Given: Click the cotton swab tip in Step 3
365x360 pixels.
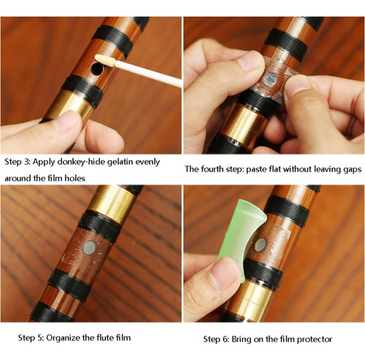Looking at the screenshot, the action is [106, 61].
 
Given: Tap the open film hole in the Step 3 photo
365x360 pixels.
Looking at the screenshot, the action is [97, 69].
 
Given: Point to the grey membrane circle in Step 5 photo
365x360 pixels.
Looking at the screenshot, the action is [89, 248].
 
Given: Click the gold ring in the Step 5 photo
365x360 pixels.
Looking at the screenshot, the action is [112, 204].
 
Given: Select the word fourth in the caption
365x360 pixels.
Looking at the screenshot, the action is [211, 169].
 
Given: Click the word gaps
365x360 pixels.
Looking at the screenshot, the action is [353, 169].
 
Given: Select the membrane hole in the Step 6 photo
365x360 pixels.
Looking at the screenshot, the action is [261, 245].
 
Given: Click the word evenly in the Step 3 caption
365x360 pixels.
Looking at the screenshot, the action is [147, 162].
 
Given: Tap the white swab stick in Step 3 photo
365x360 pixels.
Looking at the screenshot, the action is [148, 74].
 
